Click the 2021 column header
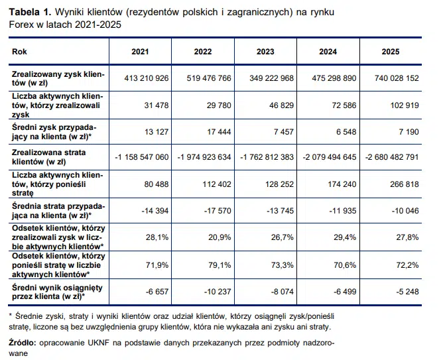tap(140, 51)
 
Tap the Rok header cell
tap(20, 51)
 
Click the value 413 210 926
tap(147, 78)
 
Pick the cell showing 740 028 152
tap(395, 78)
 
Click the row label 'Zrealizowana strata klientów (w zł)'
tap(52, 156)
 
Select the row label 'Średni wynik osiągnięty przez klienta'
tap(53, 292)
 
